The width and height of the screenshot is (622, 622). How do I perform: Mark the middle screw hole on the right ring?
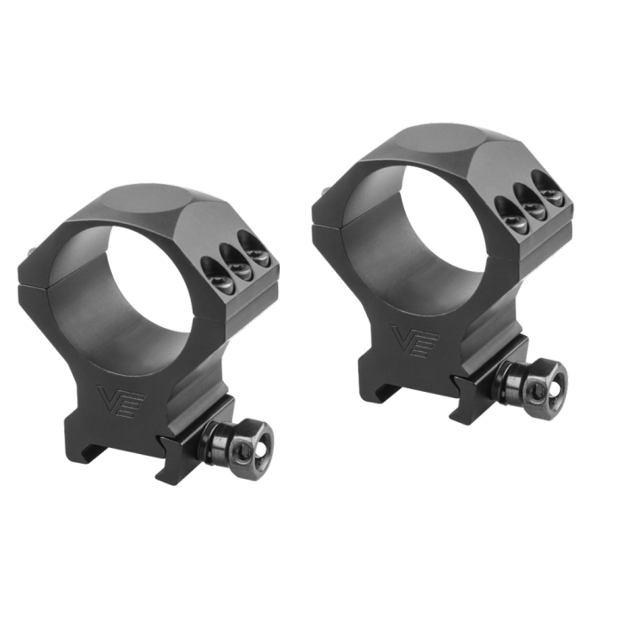[x=531, y=201]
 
